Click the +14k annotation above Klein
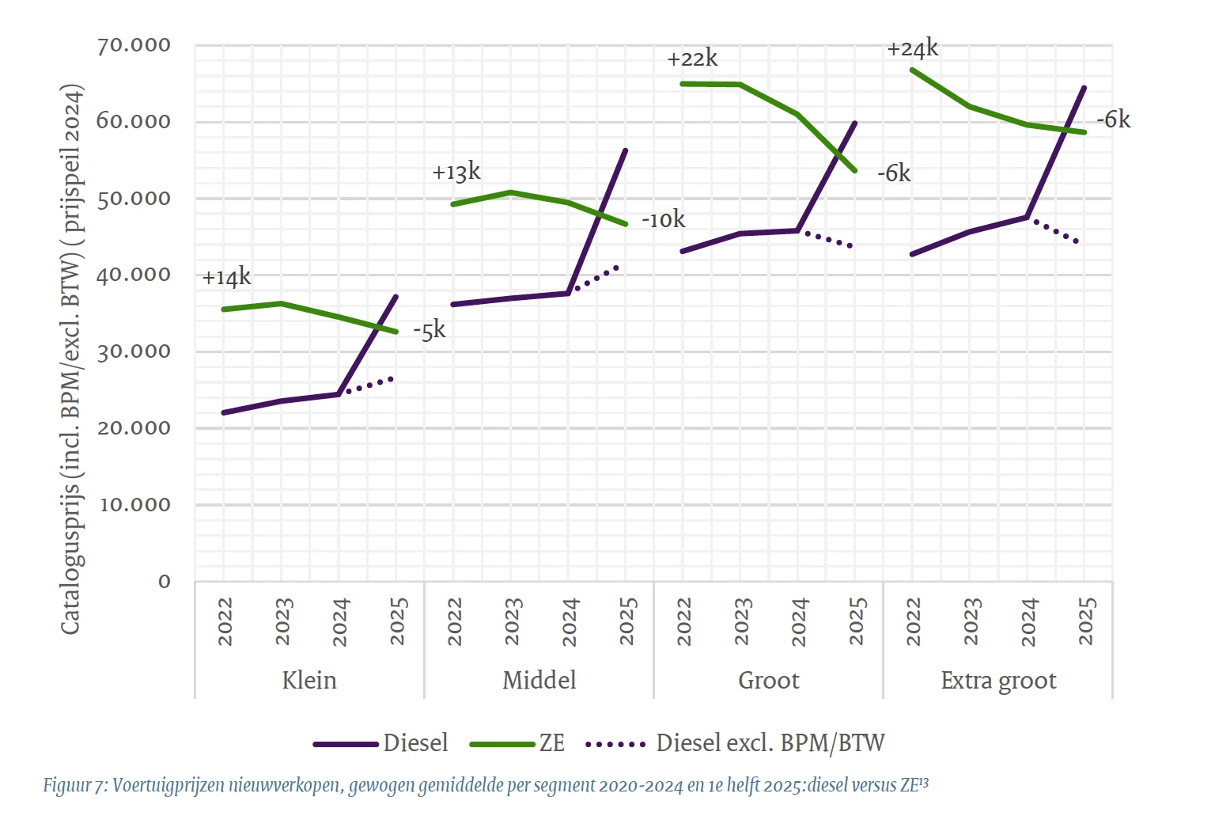[x=226, y=278]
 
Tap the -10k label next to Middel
[x=663, y=220]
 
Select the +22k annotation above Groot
[x=692, y=59]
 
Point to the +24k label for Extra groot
[x=912, y=49]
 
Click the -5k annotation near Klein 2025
[x=430, y=330]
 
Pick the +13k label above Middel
[x=456, y=172]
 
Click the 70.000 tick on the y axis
[x=134, y=45]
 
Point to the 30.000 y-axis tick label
[x=134, y=351]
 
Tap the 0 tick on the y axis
[x=165, y=582]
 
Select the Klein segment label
[x=309, y=681]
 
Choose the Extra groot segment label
[x=998, y=681]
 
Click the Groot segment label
[x=768, y=681]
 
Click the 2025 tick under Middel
[x=628, y=621]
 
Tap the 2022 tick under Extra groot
[x=914, y=621]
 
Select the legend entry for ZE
[x=551, y=743]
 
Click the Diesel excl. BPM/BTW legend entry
[x=770, y=743]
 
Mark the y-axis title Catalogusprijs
[x=71, y=359]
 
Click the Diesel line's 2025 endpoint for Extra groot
[x=1084, y=88]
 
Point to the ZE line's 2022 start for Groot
[x=683, y=83]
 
